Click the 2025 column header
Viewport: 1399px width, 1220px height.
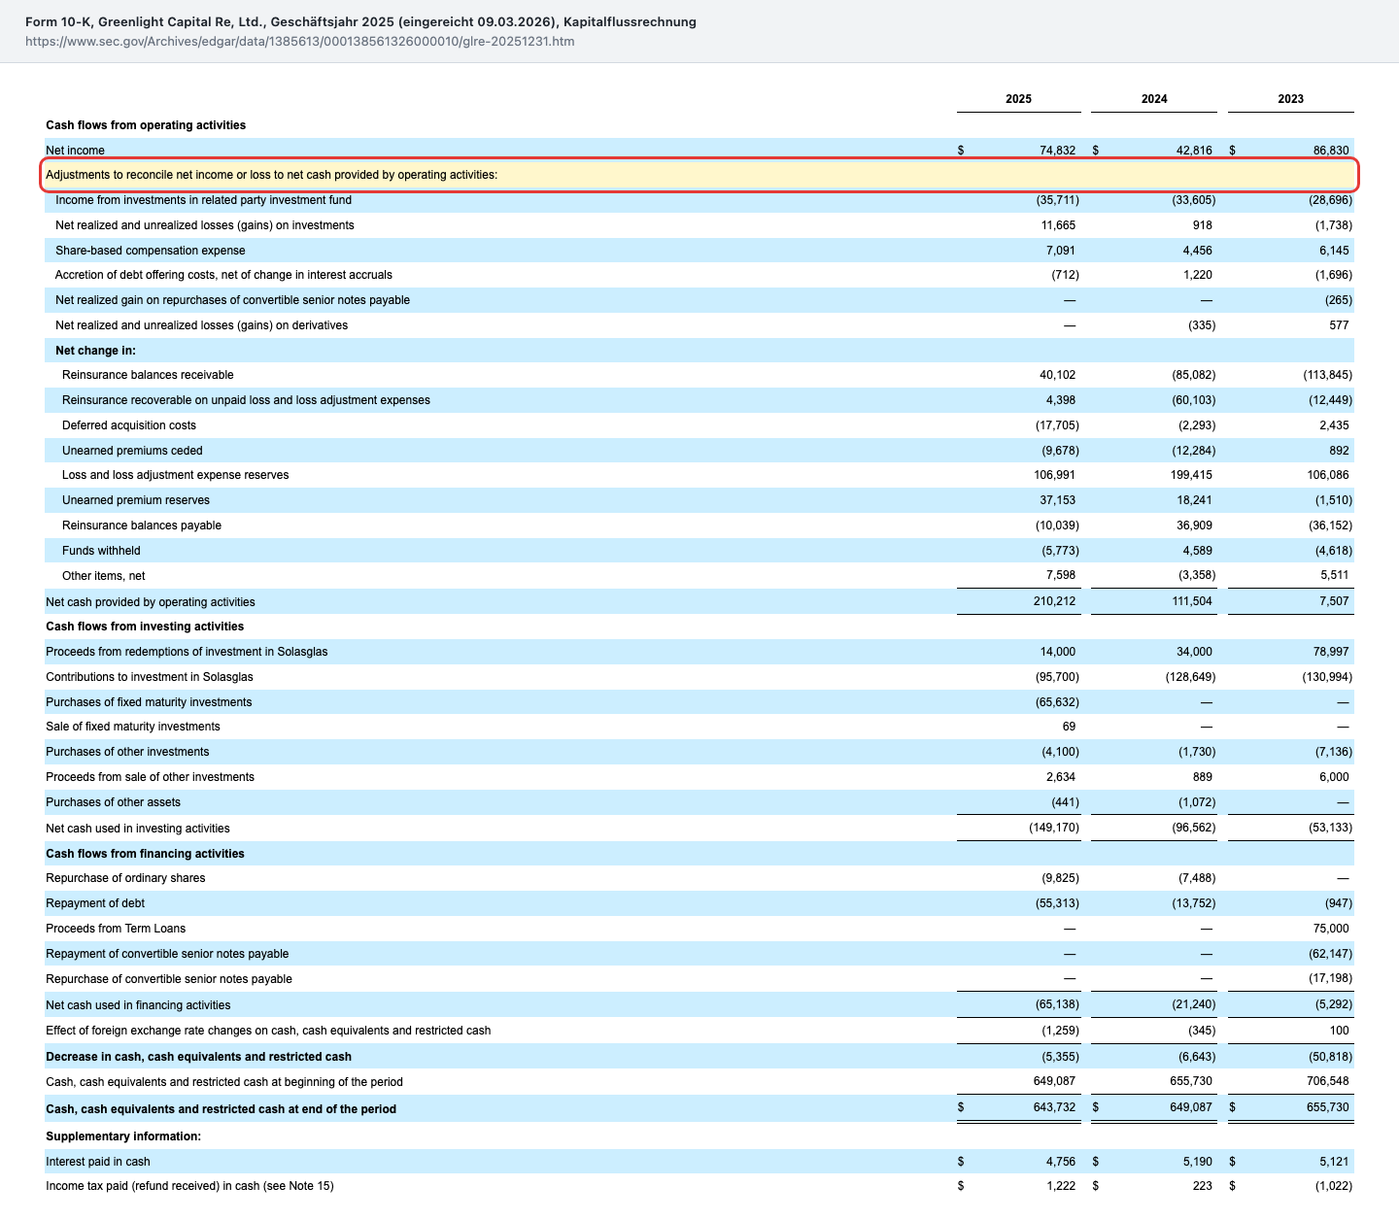[x=1018, y=99]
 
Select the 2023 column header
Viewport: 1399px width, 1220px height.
[x=1290, y=99]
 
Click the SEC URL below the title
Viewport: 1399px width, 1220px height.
[x=299, y=41]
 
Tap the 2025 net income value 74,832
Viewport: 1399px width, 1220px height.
[x=1057, y=151]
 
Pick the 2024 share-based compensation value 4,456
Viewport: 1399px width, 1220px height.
[x=1197, y=251]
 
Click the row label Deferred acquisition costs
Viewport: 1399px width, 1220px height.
[x=128, y=425]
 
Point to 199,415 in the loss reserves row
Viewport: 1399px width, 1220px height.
[x=1190, y=475]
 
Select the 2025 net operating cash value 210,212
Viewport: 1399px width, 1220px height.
[x=1054, y=601]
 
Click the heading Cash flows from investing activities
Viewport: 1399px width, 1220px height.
[x=145, y=627]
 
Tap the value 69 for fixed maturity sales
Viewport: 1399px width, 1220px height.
[x=1069, y=727]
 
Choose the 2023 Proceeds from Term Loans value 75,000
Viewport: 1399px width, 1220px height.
[x=1331, y=929]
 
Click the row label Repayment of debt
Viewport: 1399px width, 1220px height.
[x=95, y=903]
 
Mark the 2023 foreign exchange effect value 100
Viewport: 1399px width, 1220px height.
[x=1340, y=1030]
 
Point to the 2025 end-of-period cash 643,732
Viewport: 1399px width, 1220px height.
[x=1054, y=1107]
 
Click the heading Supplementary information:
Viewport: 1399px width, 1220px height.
[x=123, y=1136]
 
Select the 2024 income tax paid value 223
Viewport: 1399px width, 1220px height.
[x=1202, y=1186]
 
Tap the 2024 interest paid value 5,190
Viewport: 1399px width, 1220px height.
[x=1197, y=1161]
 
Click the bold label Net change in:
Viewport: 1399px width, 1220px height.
[x=96, y=351]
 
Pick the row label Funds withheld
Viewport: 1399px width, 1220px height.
[x=101, y=551]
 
